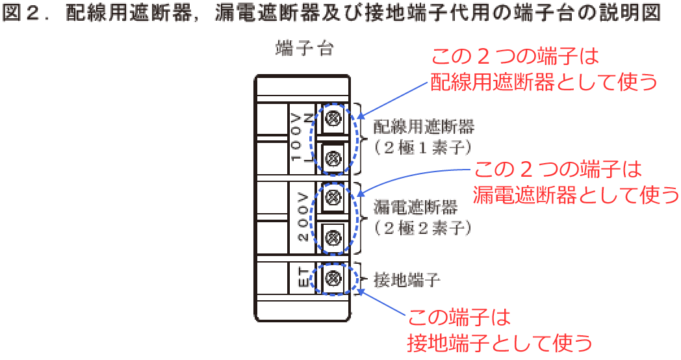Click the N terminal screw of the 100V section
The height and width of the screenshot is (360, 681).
tap(333, 118)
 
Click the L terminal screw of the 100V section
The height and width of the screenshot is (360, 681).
tap(333, 157)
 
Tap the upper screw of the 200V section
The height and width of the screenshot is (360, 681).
tap(333, 196)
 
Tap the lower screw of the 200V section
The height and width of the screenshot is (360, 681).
tap(333, 237)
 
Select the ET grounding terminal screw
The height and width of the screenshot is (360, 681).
tap(333, 278)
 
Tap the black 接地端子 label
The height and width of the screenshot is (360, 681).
tap(407, 280)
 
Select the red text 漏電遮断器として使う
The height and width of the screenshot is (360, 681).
tap(576, 194)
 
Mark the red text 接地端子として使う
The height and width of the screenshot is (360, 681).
tap(500, 342)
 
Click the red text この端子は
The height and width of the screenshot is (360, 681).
tap(459, 318)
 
